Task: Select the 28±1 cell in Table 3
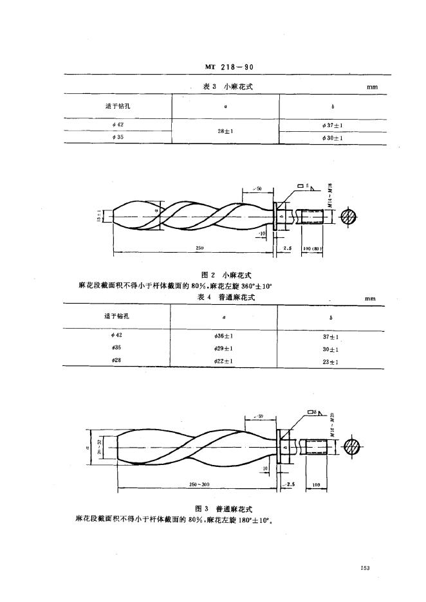[x=225, y=131]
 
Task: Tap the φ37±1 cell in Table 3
[x=332, y=125]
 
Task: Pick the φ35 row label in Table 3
[x=118, y=137]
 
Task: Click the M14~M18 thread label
[x=329, y=192]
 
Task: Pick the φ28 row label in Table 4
[x=117, y=360]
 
